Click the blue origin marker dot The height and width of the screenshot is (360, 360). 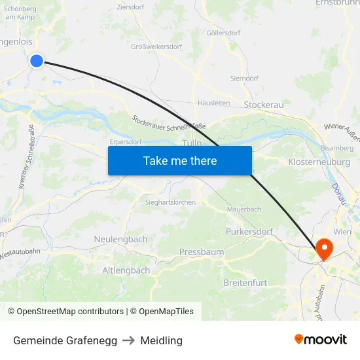[37, 61]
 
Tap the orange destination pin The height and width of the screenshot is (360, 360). [324, 248]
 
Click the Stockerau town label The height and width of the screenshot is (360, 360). [263, 105]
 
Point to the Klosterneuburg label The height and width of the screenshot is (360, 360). [319, 161]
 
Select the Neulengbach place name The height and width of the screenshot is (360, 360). [120, 240]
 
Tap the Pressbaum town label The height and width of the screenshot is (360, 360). [202, 252]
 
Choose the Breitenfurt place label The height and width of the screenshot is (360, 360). [245, 283]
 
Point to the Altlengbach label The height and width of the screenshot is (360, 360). [126, 270]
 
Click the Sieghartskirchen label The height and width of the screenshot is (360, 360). [170, 203]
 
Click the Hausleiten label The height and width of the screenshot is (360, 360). [213, 103]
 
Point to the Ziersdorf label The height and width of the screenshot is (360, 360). [130, 7]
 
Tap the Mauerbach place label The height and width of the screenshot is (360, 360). [243, 209]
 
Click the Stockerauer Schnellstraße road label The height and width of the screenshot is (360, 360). [169, 122]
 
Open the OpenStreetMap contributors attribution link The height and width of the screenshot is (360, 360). [70, 312]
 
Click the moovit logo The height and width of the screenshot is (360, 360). [321, 340]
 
